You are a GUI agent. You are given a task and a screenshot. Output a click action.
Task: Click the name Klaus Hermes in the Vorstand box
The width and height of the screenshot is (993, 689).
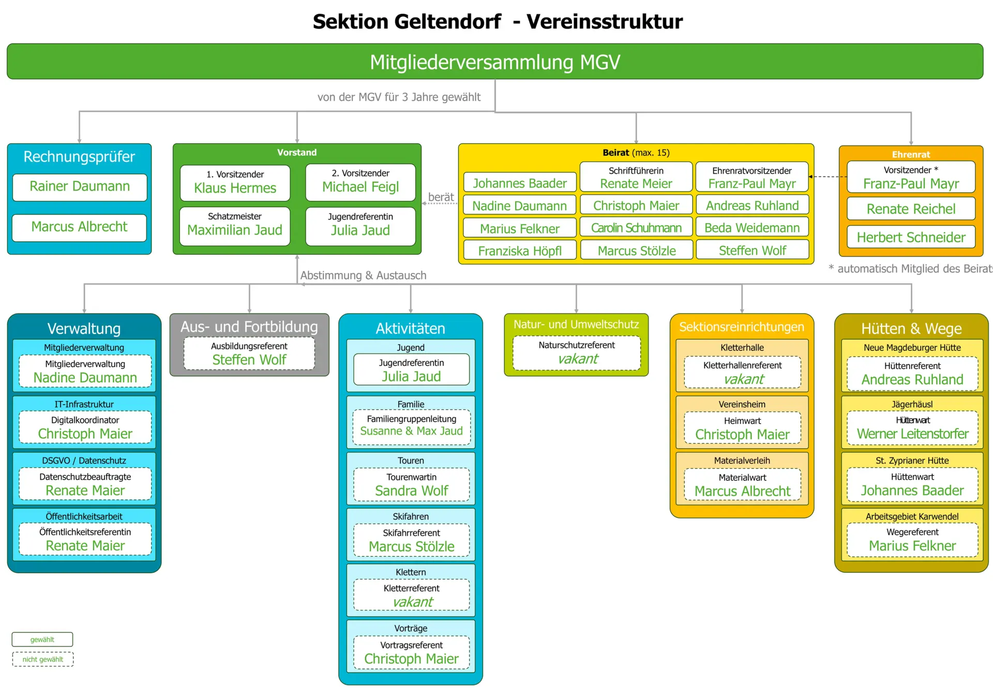(x=235, y=188)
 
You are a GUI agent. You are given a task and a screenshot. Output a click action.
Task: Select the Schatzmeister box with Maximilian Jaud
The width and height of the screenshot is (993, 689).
(x=235, y=225)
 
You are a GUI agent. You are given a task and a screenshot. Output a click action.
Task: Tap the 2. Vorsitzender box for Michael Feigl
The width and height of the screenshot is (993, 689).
(x=360, y=182)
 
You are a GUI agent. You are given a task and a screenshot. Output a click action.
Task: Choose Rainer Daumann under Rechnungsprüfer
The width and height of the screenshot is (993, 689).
(x=80, y=187)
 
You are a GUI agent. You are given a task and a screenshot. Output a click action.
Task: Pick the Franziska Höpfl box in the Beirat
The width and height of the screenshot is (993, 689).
(x=520, y=251)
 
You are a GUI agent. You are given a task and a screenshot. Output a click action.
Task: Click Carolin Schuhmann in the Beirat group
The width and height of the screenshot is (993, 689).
(x=636, y=228)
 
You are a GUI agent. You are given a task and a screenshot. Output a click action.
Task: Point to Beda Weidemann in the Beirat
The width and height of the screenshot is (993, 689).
(x=752, y=228)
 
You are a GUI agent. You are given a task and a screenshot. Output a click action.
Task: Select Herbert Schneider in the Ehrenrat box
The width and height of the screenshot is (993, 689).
(x=911, y=237)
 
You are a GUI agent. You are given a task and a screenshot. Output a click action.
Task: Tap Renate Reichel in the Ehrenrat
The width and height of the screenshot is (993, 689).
(x=911, y=209)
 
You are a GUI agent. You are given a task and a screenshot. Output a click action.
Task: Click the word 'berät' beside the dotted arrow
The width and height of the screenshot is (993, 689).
(x=441, y=197)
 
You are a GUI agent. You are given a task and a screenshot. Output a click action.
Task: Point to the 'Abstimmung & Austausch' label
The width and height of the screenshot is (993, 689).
(x=363, y=275)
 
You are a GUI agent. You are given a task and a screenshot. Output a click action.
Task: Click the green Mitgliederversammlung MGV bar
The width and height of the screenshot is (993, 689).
(x=495, y=62)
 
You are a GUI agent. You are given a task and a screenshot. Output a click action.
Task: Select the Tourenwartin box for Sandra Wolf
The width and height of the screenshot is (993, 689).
(x=411, y=485)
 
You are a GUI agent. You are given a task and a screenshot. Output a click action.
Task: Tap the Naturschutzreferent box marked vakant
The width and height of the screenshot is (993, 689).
(x=577, y=353)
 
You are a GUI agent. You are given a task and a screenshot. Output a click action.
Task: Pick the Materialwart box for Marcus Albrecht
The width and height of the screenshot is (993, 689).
(x=742, y=485)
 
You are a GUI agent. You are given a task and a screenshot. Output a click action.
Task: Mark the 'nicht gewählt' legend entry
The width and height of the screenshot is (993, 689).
(x=43, y=660)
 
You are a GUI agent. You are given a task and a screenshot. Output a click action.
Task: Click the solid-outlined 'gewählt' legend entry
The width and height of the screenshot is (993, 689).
(x=42, y=639)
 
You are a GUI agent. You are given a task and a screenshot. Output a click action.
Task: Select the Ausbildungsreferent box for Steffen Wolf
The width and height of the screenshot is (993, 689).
(x=249, y=354)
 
